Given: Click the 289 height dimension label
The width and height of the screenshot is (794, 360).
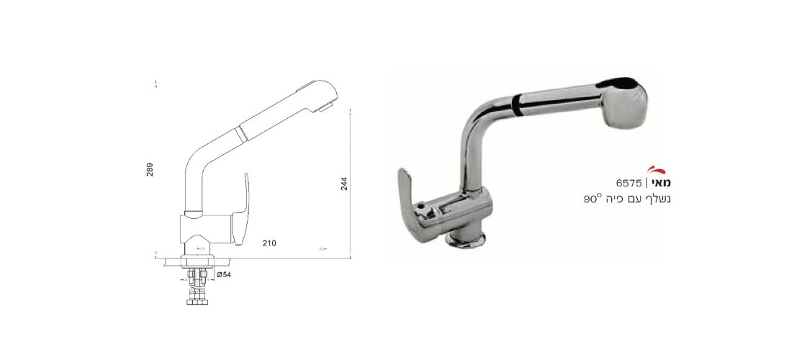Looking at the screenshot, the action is [150, 169].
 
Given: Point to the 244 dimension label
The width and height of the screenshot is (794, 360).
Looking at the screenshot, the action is [344, 184].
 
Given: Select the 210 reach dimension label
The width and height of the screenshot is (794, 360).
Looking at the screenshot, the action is [269, 243].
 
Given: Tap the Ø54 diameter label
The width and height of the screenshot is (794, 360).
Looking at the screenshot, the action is [224, 274].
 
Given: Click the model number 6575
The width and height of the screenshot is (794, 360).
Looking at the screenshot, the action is [629, 183].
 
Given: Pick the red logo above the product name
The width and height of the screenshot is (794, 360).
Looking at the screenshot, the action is [657, 170].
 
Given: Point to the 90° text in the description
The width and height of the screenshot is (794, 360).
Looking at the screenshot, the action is [592, 199].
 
